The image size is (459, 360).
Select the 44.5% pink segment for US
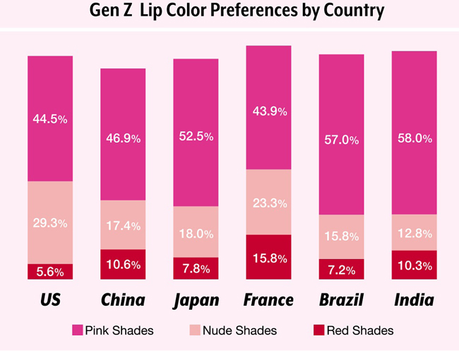pos(50,119)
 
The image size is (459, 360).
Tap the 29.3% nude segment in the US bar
pos(50,222)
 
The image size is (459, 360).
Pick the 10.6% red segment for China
pos(123,264)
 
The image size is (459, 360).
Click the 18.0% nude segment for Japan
pos(196,233)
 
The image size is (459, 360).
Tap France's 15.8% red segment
pos(268,257)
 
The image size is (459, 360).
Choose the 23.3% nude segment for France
pos(268,203)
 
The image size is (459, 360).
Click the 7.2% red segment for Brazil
pos(341,269)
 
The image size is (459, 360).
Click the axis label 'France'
pos(268,300)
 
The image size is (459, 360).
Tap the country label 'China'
pos(123,300)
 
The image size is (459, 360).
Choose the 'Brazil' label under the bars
pos(341,300)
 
